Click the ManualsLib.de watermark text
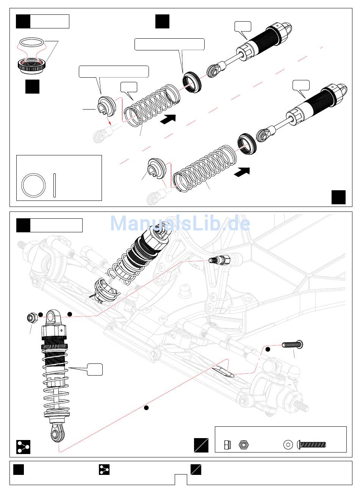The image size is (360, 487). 180,224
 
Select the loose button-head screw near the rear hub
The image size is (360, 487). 292,345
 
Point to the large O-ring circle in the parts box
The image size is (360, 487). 33,185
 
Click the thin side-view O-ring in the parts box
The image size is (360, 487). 55,185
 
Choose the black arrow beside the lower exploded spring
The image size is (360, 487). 242,172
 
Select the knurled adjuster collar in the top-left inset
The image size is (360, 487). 33,65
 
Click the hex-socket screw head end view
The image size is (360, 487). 288,444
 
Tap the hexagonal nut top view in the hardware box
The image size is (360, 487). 243,444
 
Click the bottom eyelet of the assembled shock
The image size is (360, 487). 57,432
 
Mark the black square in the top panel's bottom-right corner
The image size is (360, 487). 338,197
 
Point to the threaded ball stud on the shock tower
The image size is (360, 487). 219,260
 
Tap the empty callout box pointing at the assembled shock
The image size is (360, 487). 94,369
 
